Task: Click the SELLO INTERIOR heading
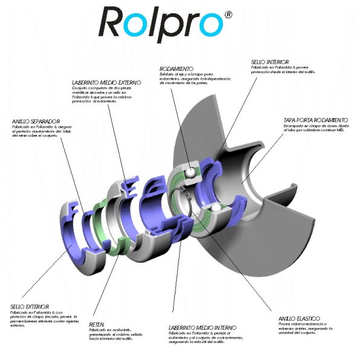(x=270, y=62)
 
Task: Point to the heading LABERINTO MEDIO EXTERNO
(x=106, y=81)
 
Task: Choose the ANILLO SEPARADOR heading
(x=36, y=121)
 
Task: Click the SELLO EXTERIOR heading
(x=30, y=307)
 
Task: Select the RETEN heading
(x=97, y=324)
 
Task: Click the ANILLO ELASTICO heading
(x=299, y=318)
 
